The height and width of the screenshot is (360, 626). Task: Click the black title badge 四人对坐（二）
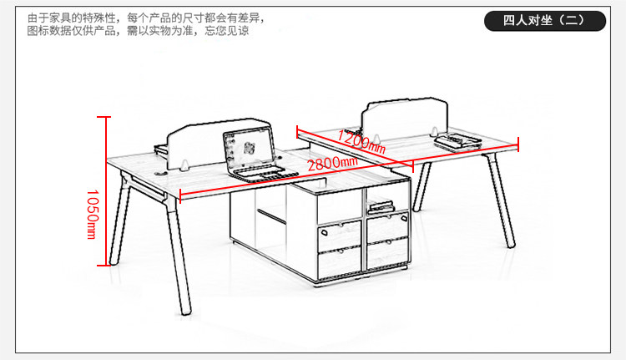point(544,21)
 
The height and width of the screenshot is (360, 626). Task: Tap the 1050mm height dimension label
point(93,214)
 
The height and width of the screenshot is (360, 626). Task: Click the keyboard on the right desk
point(455,143)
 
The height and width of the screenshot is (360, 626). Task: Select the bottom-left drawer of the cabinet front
point(338,262)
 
